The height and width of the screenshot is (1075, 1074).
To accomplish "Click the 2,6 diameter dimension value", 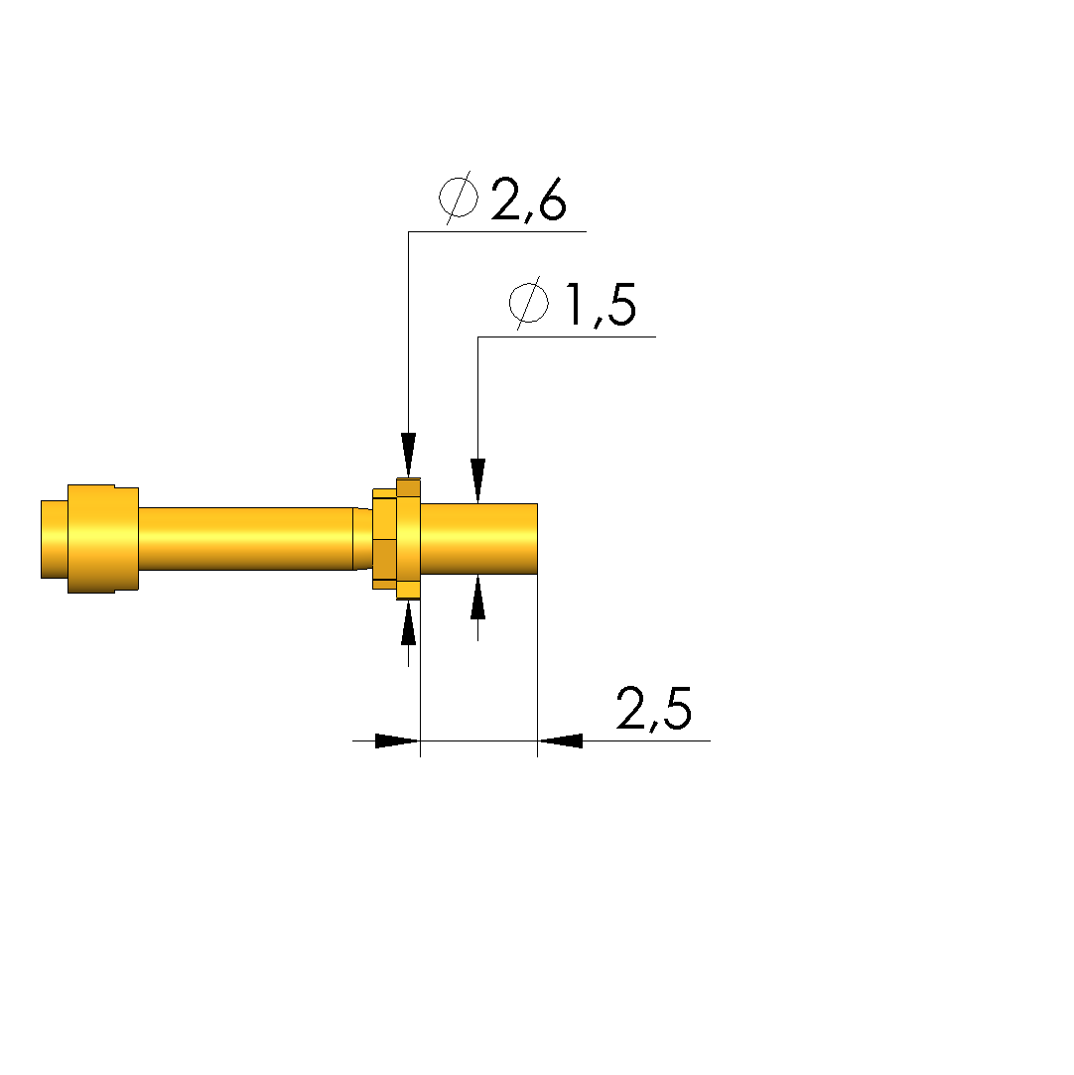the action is pos(528,201).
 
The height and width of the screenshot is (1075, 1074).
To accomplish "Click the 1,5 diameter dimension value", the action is pos(602,305).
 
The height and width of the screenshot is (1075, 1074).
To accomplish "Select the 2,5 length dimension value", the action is pos(654,708).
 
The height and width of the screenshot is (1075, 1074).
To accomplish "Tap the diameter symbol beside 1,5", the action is pos(529,303).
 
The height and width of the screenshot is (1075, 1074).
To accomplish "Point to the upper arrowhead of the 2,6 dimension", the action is pos(409,456).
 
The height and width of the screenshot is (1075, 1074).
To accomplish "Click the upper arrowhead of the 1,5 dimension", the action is pos(477,480).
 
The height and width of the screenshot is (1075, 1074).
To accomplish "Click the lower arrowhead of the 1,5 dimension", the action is pos(477,598).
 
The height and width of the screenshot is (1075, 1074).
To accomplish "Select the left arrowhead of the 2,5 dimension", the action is pos(397,740).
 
